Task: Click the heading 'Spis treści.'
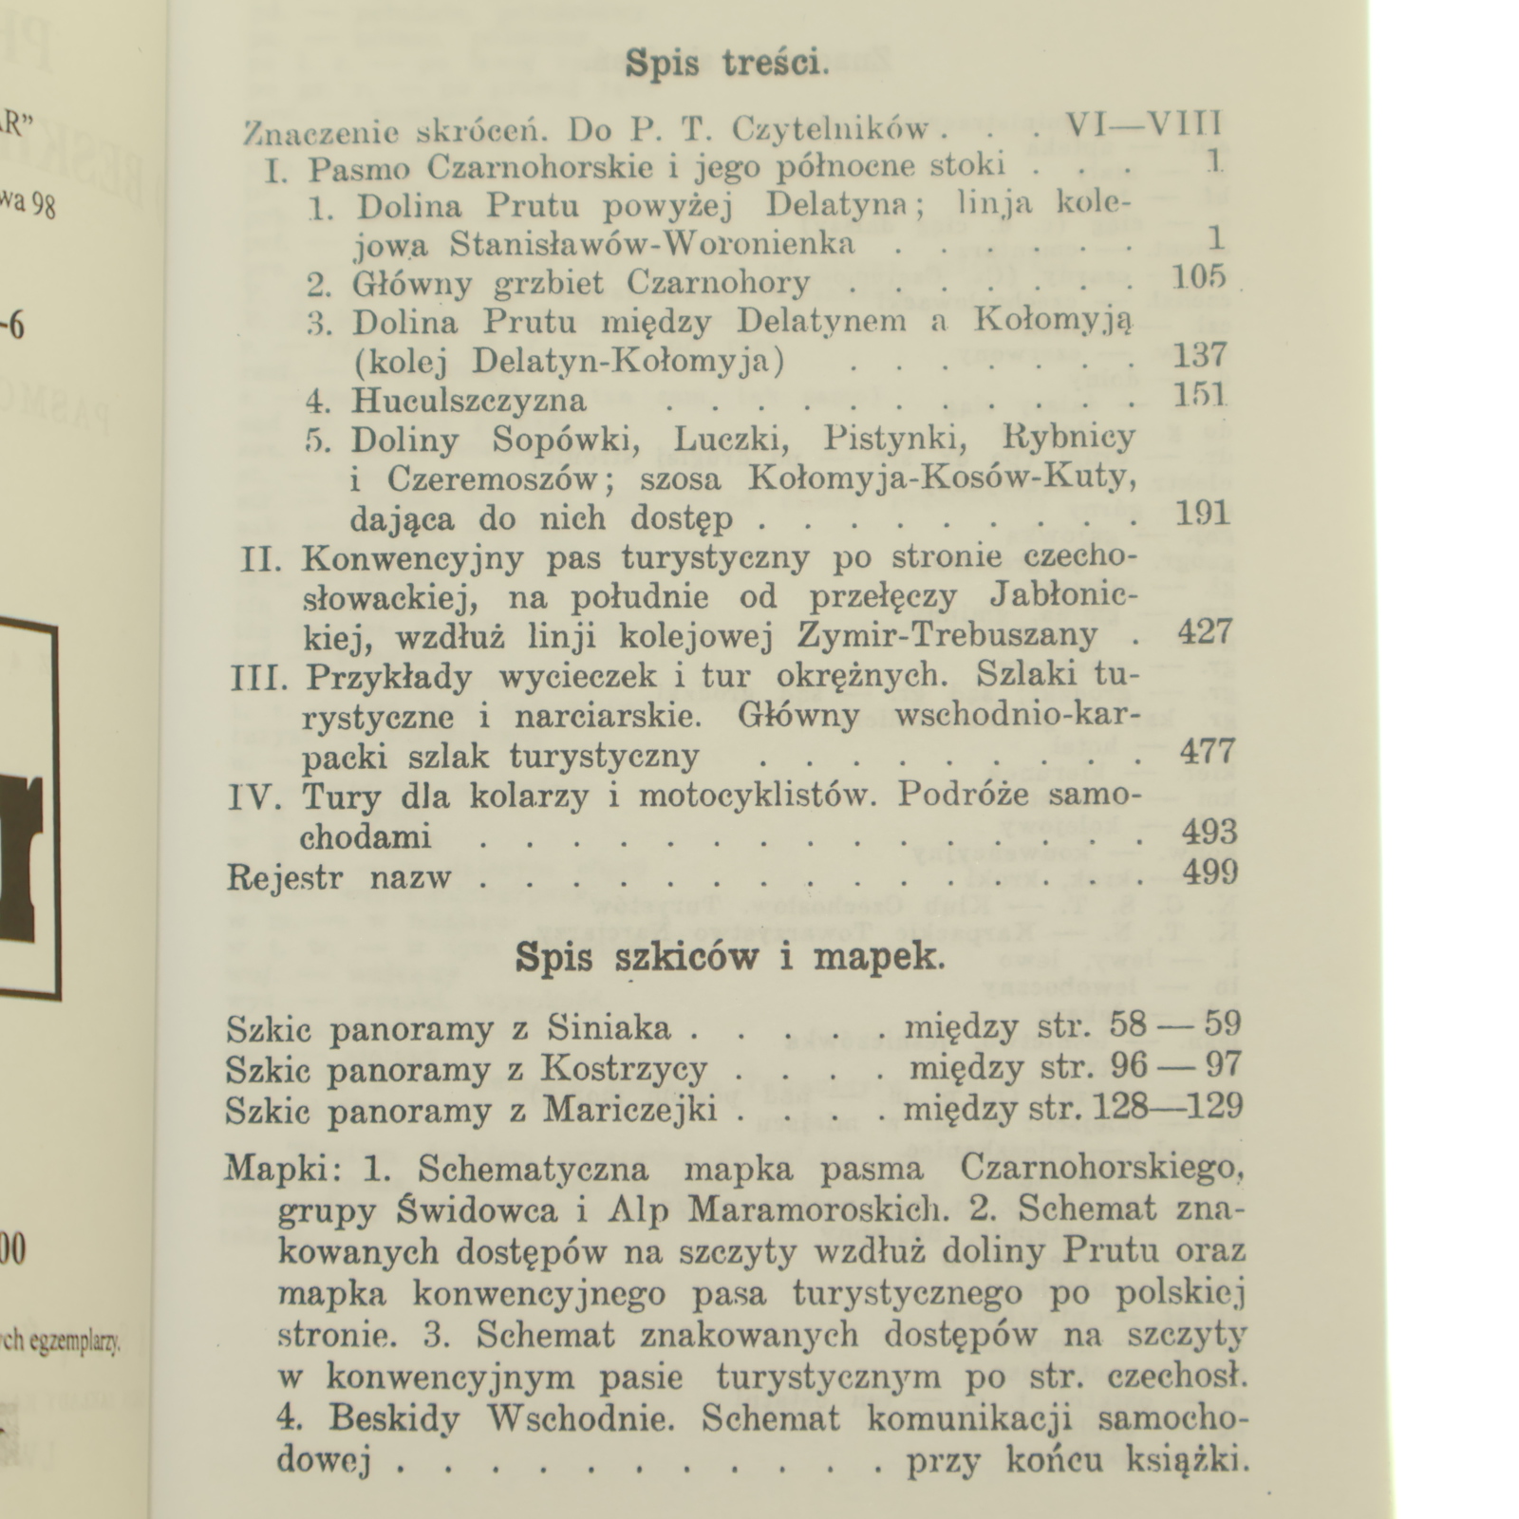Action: coord(727,64)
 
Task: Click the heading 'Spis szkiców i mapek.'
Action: coord(730,957)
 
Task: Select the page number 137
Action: coord(1201,356)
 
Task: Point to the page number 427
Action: coord(1205,631)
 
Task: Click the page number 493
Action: coord(1209,833)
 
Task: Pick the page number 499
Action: coord(1210,872)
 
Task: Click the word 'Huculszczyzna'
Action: coord(469,401)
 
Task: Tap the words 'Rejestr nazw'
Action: coord(339,877)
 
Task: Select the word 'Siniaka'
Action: coord(609,1028)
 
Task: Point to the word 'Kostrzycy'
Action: coord(624,1069)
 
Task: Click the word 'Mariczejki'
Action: coord(629,1110)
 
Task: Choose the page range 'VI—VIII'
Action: coord(1143,124)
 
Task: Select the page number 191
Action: coord(1202,515)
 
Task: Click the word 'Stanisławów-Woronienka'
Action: coord(652,244)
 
